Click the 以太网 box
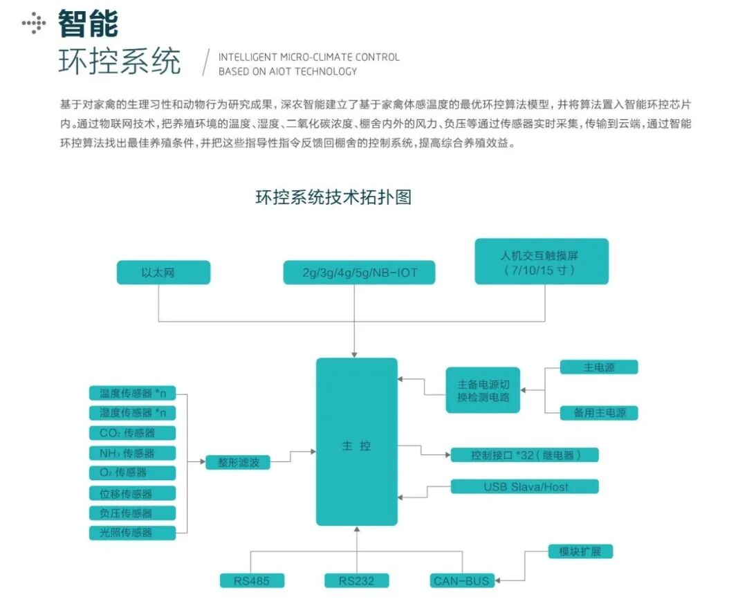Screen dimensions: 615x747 pyautogui.click(x=163, y=273)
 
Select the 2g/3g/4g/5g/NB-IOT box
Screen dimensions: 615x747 pyautogui.click(x=360, y=273)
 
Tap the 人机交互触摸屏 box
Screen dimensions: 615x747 pyautogui.click(x=542, y=261)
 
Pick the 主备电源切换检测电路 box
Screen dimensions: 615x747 pyautogui.click(x=483, y=390)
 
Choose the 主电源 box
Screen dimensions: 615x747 pyautogui.click(x=599, y=367)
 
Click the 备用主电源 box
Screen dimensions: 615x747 pyautogui.click(x=599, y=413)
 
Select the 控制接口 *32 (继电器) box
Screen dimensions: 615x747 pyautogui.click(x=525, y=455)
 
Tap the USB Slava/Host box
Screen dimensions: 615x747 pyautogui.click(x=525, y=486)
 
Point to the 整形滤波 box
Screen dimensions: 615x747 pyautogui.click(x=238, y=462)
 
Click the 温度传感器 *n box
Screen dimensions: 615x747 pyautogui.click(x=133, y=393)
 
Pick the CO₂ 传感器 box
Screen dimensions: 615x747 pyautogui.click(x=133, y=433)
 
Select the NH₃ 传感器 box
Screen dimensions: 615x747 pyautogui.click(x=133, y=453)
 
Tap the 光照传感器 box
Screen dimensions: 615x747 pyautogui.click(x=133, y=533)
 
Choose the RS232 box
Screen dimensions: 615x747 pyautogui.click(x=357, y=580)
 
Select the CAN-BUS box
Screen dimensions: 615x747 pyautogui.click(x=461, y=580)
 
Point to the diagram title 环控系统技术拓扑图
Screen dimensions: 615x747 pyautogui.click(x=333, y=197)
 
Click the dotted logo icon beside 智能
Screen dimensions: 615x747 pyautogui.click(x=34, y=25)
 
